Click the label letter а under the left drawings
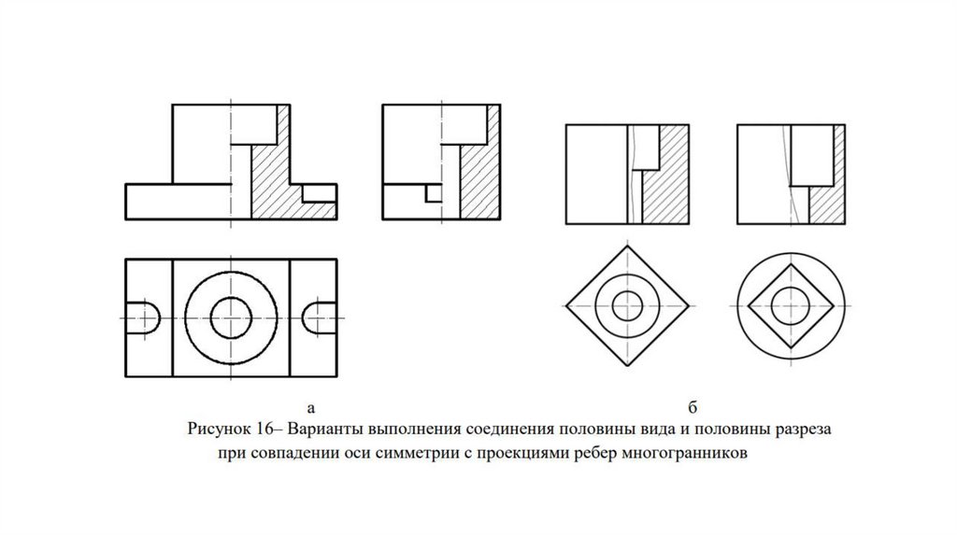pos(311,408)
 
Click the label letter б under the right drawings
pos(693,407)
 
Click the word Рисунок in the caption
pos(216,430)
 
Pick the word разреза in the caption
pos(803,430)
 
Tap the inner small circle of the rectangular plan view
pos(231,317)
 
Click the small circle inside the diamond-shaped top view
pos(627,305)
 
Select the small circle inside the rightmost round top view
pos(791,305)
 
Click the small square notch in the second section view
pos(434,194)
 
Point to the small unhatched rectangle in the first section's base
pos(320,193)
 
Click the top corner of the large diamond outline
pos(627,246)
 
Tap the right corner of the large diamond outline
pos(689,305)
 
